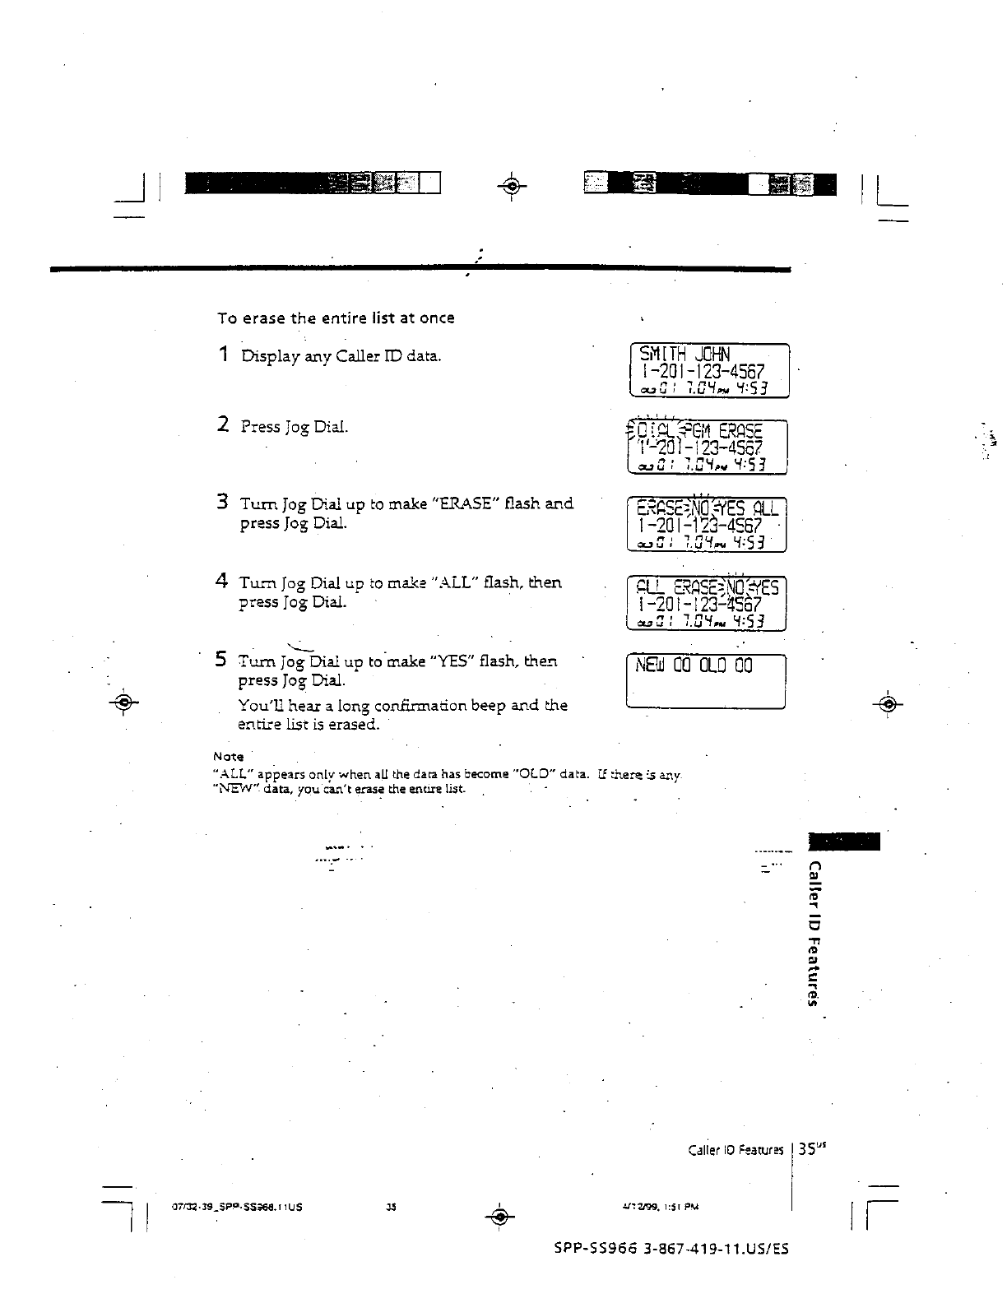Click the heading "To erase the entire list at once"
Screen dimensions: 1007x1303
pos(336,318)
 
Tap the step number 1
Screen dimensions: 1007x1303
pos(222,355)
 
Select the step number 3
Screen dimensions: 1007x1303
pos(222,501)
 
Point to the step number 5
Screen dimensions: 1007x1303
pos(221,659)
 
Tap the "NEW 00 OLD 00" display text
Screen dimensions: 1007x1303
pos(693,665)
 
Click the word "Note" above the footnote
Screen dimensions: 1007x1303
pos(228,756)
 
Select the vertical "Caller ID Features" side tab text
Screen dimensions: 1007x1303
pos(814,933)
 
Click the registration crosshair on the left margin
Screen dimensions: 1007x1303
pos(124,703)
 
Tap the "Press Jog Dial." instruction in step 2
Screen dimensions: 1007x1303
pos(295,427)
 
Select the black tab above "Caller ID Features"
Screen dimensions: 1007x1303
pos(845,842)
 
